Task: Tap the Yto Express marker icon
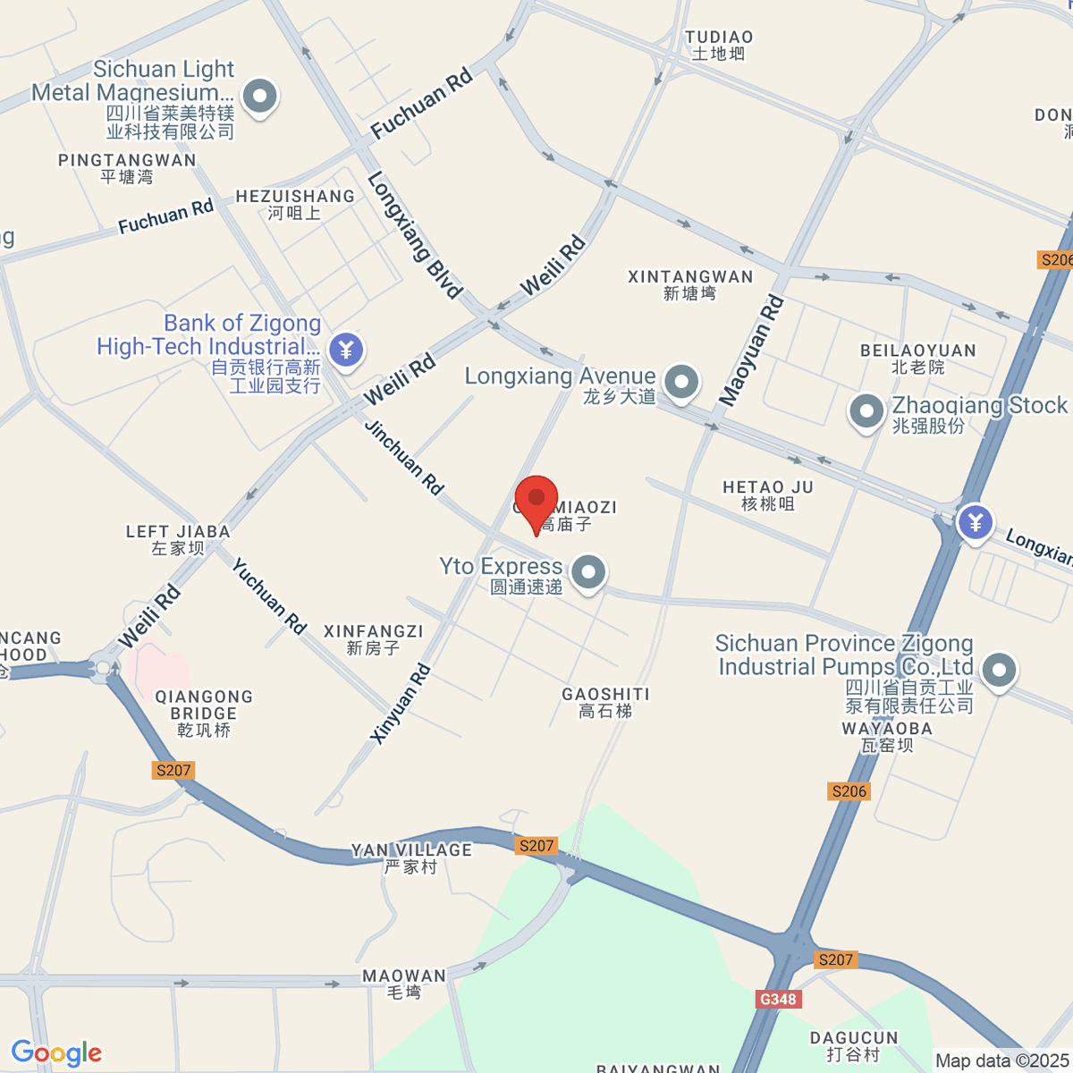point(587,573)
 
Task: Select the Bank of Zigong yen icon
point(346,350)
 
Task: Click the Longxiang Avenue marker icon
point(682,382)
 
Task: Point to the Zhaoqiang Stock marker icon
point(866,412)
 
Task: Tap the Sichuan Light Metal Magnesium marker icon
point(260,97)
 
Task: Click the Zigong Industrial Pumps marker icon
point(999,670)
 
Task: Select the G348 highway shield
point(777,999)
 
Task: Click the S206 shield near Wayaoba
point(849,790)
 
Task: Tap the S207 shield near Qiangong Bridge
point(173,770)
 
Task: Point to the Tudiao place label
point(719,45)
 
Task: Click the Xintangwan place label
point(690,284)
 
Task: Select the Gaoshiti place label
point(605,702)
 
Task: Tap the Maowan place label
point(404,984)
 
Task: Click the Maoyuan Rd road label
point(752,350)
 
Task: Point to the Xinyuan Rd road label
point(401,704)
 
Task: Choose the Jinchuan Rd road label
point(404,457)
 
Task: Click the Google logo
point(56,1053)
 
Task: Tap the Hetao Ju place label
point(768,494)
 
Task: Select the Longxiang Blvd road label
point(415,235)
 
